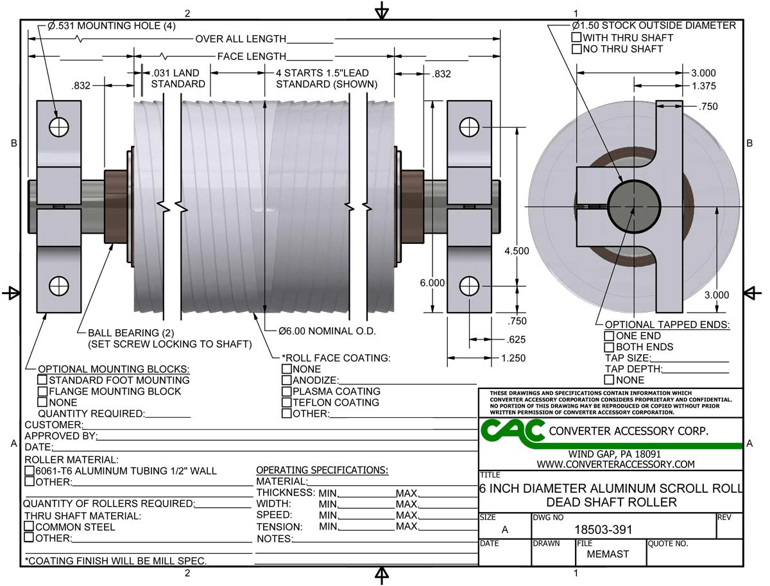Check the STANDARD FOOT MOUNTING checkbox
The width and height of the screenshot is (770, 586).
click(43, 380)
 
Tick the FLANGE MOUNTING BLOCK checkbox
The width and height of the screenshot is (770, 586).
click(43, 391)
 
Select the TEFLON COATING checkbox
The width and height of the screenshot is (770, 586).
click(286, 402)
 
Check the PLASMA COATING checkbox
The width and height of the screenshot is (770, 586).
click(286, 392)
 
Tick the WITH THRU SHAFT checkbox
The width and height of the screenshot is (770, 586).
click(576, 38)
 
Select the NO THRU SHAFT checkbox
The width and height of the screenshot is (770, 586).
click(576, 49)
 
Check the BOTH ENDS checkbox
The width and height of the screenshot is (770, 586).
click(609, 347)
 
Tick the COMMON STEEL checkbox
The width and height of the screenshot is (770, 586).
click(29, 527)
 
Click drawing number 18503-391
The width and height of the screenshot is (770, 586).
click(603, 530)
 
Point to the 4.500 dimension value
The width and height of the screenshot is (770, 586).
click(517, 251)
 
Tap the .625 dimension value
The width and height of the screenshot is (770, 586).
click(517, 340)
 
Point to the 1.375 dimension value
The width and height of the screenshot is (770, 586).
click(703, 85)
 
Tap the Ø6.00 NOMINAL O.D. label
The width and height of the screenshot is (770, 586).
click(327, 331)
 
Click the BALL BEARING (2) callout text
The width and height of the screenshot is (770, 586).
click(124, 332)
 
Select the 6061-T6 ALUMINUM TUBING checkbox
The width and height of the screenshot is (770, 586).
click(29, 471)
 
